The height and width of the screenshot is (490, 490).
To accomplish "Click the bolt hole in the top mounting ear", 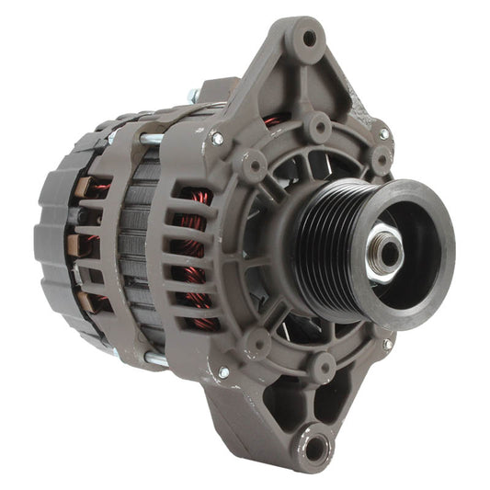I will tap(310, 39).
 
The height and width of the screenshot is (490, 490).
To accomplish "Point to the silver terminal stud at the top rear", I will tap(194, 96).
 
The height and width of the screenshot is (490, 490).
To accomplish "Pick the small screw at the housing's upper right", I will tap(383, 134).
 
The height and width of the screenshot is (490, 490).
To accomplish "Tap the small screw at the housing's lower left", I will tap(222, 372).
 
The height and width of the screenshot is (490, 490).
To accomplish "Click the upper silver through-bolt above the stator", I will tap(153, 138).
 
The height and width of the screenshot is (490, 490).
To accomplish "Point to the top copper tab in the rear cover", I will tap(80, 188).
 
